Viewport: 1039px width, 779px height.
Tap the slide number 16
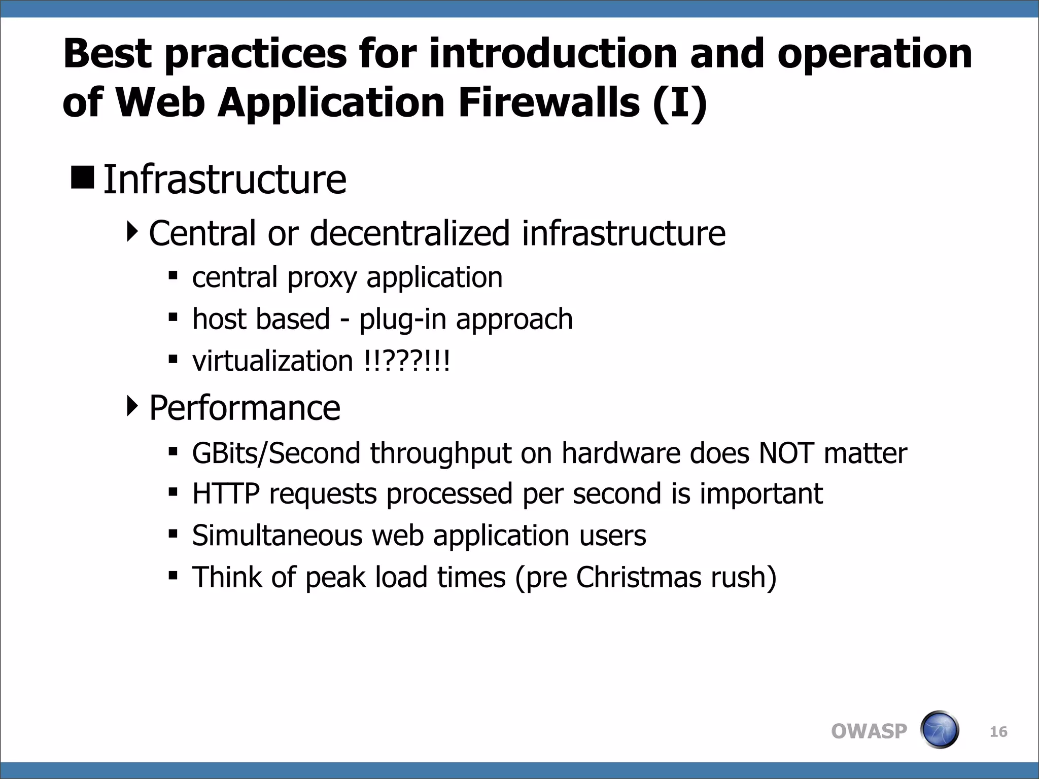tap(998, 732)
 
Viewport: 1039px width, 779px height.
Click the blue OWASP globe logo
tap(939, 730)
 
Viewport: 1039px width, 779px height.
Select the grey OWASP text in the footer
tap(869, 731)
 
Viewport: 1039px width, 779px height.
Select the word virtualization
tap(272, 361)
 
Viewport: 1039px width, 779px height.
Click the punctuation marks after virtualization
tap(407, 361)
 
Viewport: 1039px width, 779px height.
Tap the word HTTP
tap(226, 494)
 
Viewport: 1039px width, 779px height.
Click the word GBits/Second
tap(276, 453)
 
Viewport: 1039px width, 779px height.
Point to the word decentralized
tap(409, 233)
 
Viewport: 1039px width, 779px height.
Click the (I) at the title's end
tap(680, 102)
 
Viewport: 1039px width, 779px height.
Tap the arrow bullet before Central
tap(132, 232)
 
